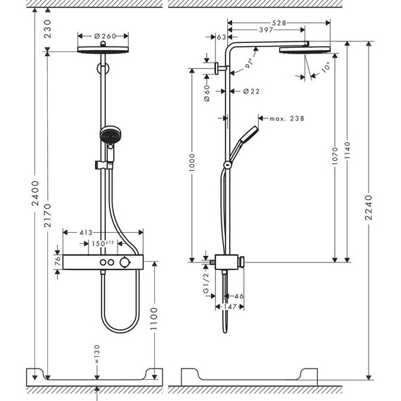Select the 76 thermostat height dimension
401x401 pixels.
point(57,262)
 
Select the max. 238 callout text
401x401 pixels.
point(286,119)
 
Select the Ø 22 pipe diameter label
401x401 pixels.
point(252,91)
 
